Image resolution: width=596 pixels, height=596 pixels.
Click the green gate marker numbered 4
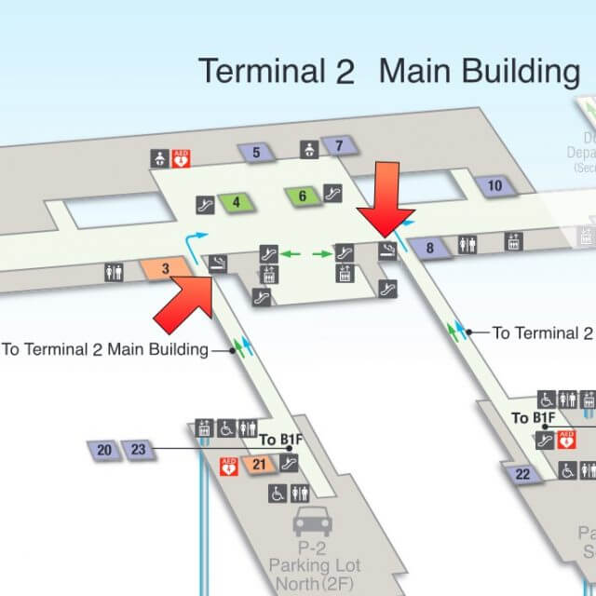pos(237,201)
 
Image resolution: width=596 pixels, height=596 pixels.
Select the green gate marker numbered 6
pos(303,196)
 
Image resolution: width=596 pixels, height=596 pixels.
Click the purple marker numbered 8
pos(430,248)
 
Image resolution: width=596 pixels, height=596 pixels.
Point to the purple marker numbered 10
pos(494,186)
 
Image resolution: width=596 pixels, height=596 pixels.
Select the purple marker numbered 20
pos(104,451)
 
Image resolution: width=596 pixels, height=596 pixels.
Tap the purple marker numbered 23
pos(138,451)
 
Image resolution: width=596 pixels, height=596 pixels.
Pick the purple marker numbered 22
pos(522,474)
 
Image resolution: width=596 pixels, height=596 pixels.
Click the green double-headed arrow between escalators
pos(307,253)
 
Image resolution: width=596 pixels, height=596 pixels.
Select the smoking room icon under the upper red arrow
pos(386,250)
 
